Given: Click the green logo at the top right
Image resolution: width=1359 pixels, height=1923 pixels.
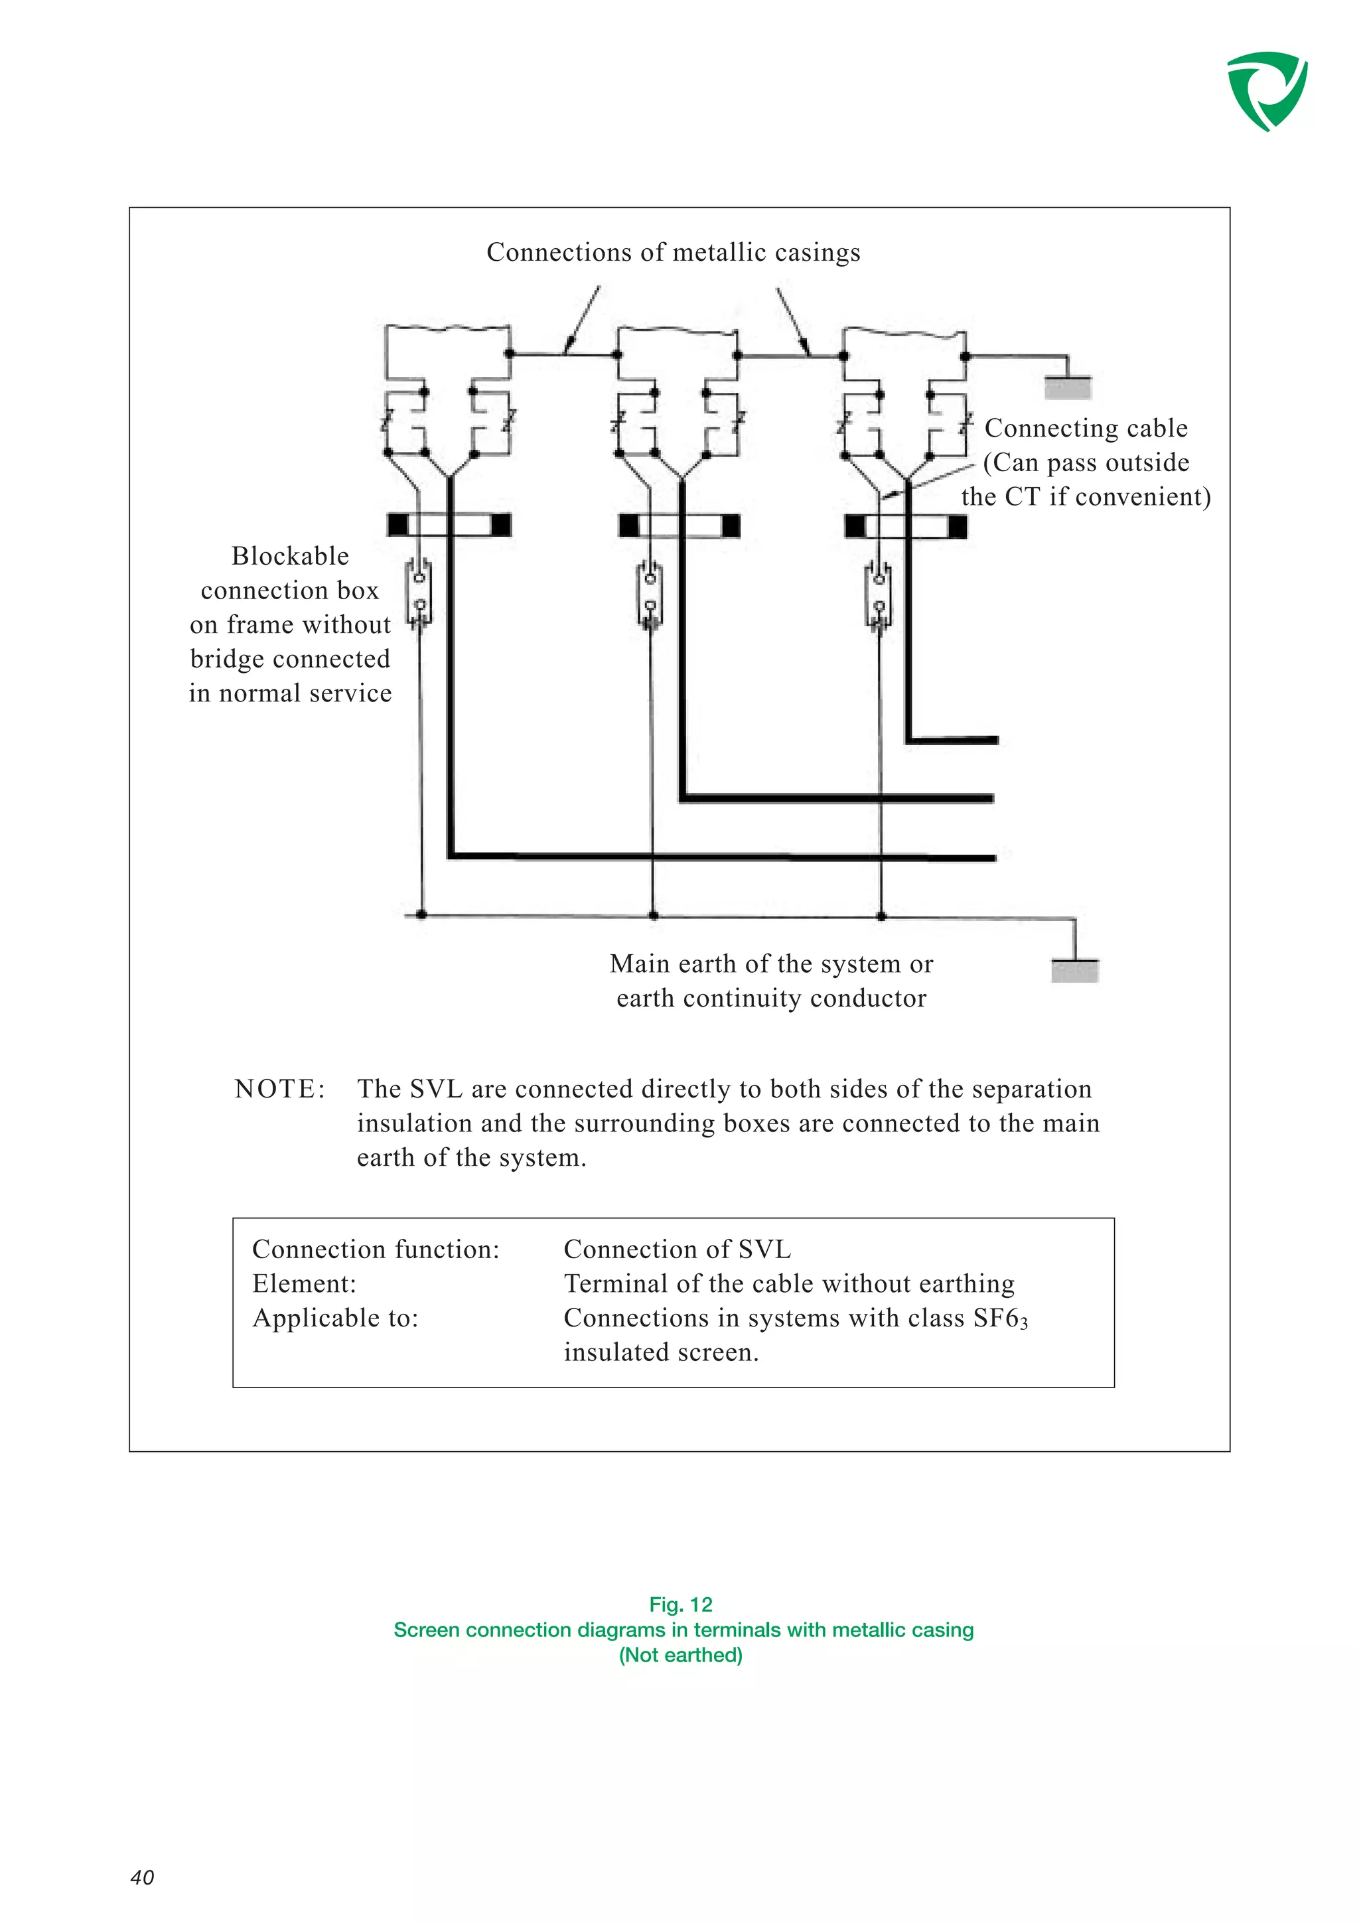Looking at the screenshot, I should [x=1266, y=90].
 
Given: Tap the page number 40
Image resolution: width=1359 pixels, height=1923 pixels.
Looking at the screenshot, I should [x=143, y=1877].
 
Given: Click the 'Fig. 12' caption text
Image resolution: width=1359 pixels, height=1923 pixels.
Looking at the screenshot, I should [x=680, y=1604].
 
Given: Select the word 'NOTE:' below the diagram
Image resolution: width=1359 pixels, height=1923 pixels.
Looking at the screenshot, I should [x=279, y=1089].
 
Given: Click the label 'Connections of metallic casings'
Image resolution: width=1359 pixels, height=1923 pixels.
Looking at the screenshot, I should [x=674, y=252].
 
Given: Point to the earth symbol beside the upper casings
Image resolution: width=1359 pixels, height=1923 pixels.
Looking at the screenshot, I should [x=1068, y=386].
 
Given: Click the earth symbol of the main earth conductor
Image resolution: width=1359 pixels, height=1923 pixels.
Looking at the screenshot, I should [x=1074, y=970].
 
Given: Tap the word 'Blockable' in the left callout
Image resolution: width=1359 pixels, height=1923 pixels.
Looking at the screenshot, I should [x=290, y=556].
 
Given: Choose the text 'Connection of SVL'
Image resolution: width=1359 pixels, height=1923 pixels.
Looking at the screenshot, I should [x=677, y=1249].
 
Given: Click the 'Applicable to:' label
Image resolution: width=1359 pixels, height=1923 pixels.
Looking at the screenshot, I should [x=335, y=1317].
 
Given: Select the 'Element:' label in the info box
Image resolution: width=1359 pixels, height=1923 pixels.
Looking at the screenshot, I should [x=304, y=1283].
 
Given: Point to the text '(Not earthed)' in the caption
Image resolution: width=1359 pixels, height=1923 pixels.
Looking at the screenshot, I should [x=680, y=1654].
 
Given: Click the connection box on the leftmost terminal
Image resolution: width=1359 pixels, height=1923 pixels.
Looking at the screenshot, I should [x=419, y=592].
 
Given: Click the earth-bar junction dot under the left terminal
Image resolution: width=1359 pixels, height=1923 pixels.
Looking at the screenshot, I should [x=421, y=914].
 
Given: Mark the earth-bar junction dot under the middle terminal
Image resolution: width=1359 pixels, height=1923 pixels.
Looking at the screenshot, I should [x=653, y=916].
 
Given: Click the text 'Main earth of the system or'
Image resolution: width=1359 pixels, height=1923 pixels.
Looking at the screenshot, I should [x=771, y=964].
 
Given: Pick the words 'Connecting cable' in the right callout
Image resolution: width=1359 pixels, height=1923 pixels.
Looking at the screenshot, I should [x=1085, y=428].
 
